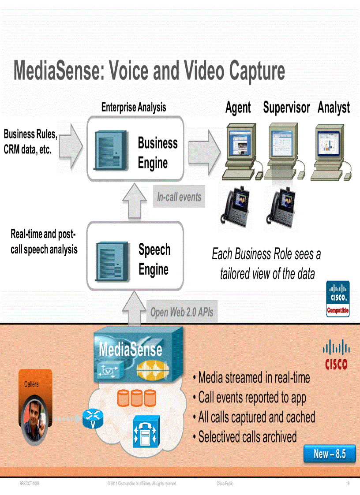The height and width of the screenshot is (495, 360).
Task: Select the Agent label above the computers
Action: [238, 108]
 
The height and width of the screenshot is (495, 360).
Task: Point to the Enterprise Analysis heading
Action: [133, 107]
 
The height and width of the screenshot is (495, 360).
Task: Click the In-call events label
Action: [179, 197]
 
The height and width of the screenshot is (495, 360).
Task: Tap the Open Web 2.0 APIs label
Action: [181, 313]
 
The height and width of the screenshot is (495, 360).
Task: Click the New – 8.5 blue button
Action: [329, 454]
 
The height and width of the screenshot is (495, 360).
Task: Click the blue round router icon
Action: [93, 419]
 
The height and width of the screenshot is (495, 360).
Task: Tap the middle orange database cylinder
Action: [137, 398]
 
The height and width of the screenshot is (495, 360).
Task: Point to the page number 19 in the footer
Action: [347, 484]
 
